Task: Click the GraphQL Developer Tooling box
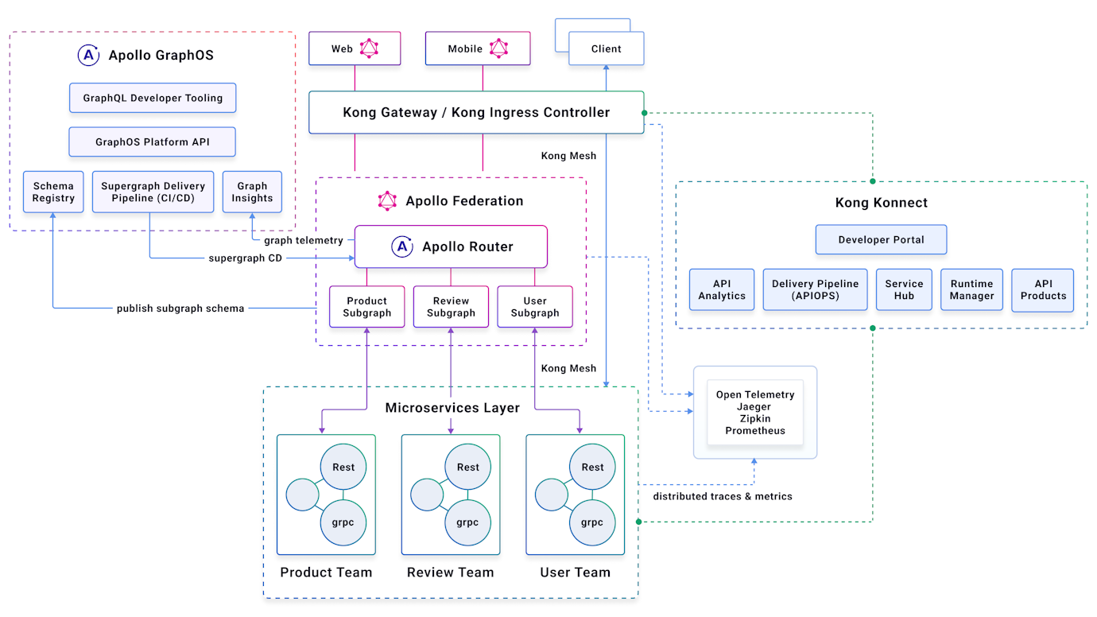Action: point(153,98)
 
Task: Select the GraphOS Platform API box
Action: point(152,142)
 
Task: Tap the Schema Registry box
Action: point(53,192)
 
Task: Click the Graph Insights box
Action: point(252,192)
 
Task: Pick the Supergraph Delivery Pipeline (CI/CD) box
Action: point(153,192)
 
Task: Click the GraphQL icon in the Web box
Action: point(370,49)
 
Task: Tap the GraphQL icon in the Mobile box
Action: point(498,49)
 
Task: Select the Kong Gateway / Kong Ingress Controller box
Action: point(476,112)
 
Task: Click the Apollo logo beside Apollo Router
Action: point(402,246)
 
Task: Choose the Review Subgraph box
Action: point(451,307)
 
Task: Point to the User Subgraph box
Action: point(535,307)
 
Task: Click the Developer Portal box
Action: point(881,239)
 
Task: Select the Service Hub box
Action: point(904,289)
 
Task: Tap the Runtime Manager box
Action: point(971,289)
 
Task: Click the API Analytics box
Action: point(722,289)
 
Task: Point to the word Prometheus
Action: point(755,431)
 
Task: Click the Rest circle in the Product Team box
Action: point(343,467)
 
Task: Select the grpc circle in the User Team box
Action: point(592,522)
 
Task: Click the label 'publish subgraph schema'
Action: point(180,308)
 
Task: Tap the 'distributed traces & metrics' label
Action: point(723,496)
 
